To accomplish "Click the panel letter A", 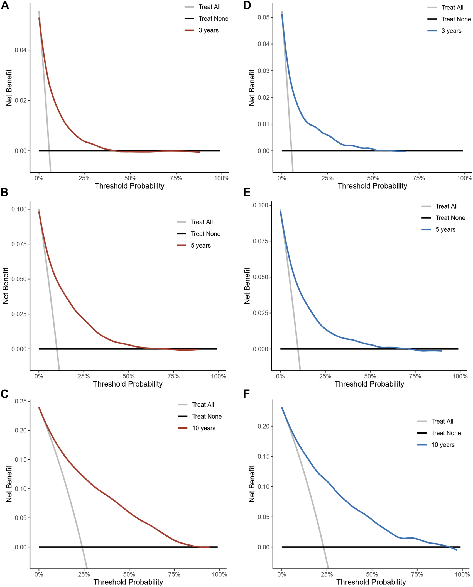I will pos(5,5).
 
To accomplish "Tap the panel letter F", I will pos(246,394).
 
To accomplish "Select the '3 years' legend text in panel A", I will pos(208,30).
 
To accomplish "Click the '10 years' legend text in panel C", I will pos(204,428).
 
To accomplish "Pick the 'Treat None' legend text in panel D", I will pos(456,19).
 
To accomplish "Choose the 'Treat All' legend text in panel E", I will pos(446,206).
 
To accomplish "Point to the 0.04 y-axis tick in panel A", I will pos(21,50).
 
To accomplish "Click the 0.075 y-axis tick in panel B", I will pos(19,244).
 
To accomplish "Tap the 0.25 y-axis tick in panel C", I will pos(21,401).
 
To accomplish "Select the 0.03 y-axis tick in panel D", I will pos(263,71).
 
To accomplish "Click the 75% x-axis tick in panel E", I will pos(415,376).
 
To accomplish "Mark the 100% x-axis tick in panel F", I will pos(462,574).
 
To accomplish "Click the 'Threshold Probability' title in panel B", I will pos(128,384).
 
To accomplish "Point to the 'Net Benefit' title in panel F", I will pos(252,484).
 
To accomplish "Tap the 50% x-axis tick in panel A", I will pos(130,178).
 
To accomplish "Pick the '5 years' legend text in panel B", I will pos(200,246).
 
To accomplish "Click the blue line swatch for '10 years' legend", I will pos(422,445).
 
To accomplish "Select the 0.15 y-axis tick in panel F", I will pos(263,456).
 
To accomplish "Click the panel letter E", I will pos(247,192).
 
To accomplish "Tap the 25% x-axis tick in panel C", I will pos(84,574).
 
